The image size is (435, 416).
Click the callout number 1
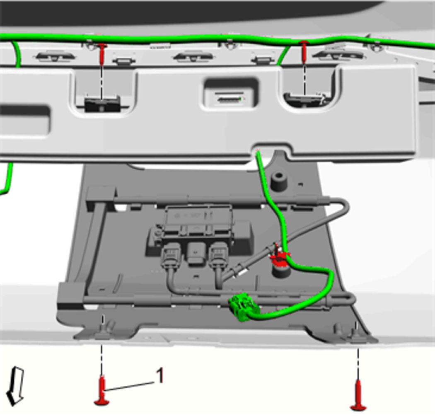[159, 375]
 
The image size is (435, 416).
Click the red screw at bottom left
[102, 390]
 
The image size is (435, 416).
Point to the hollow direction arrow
[16, 386]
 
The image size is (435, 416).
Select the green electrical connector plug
[241, 307]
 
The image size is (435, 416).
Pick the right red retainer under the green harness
[304, 51]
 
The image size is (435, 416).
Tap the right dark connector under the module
[219, 254]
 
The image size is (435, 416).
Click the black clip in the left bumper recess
[102, 104]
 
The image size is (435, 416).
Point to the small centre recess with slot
[230, 94]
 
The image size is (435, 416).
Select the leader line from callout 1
[129, 386]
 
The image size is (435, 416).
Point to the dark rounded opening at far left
[24, 121]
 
